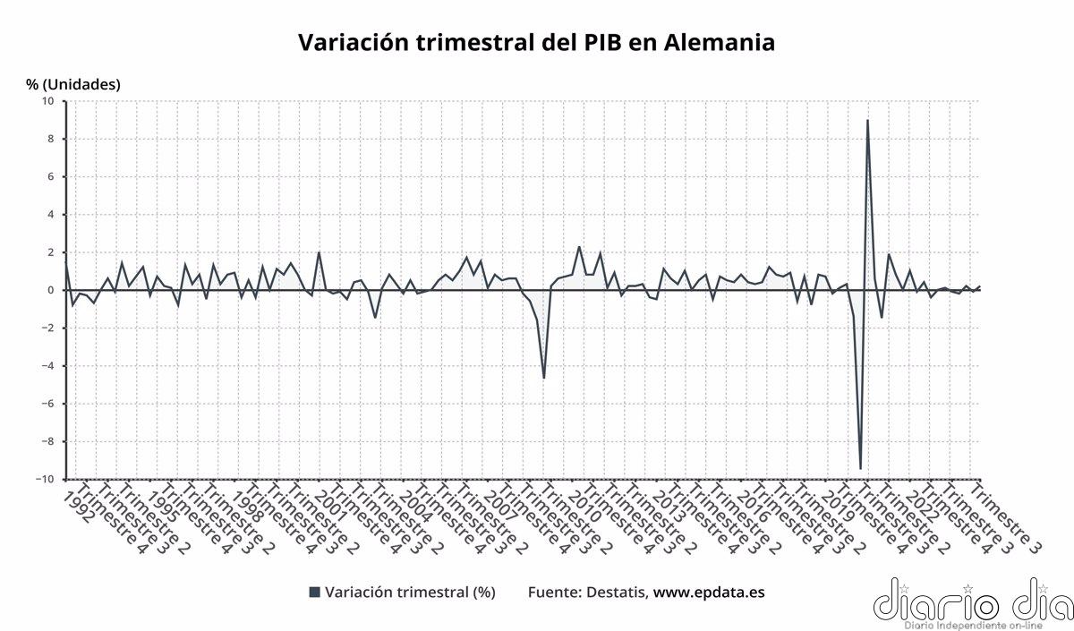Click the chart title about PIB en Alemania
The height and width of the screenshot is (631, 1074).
tap(535, 42)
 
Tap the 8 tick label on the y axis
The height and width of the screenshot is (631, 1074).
tap(50, 139)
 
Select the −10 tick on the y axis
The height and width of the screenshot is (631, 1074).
tap(44, 479)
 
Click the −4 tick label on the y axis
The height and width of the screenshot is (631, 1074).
tap(47, 366)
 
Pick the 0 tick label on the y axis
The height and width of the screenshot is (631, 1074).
tap(50, 290)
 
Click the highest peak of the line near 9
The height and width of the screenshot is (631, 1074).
tap(867, 121)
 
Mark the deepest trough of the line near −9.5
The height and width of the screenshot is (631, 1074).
tap(860, 468)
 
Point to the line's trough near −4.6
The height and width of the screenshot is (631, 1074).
tap(543, 377)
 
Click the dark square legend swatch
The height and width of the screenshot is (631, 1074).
tap(313, 593)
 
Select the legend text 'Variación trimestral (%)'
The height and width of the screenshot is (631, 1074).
tap(410, 593)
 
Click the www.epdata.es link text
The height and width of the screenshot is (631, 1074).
tap(709, 593)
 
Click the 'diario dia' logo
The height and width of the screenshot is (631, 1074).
tap(971, 600)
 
